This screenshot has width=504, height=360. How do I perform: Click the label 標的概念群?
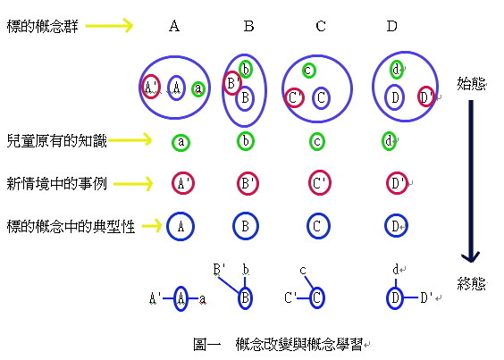coord(42,26)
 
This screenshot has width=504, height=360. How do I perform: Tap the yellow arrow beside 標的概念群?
coord(109,26)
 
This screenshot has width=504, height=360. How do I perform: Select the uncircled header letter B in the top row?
coord(248,26)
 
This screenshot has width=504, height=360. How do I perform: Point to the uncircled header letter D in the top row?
coord(391,26)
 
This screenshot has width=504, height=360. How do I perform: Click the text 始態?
coord(472,84)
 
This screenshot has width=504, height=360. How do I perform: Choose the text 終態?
coord(472,283)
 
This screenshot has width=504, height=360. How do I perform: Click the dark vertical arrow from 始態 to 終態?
coord(471,181)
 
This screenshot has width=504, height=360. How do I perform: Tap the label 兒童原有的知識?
coord(56,140)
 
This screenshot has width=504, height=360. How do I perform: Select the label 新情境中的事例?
coord(56,183)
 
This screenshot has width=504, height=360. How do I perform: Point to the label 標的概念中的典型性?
coord(71,226)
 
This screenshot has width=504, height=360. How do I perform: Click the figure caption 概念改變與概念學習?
coord(299,344)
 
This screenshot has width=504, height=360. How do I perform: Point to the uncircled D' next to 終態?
coord(426,297)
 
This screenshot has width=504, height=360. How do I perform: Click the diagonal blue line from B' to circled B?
coord(229,285)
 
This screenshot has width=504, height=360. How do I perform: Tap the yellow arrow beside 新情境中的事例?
coord(133,184)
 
